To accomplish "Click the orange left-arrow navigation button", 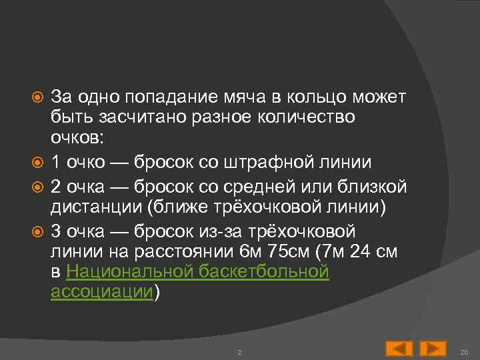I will (x=399, y=349).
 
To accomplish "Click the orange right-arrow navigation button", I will (x=433, y=349).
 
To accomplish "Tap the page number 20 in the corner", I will (x=465, y=351).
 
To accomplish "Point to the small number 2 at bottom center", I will (x=239, y=351).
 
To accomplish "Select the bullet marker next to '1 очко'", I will (x=39, y=161).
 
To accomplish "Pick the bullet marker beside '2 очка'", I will (x=39, y=185).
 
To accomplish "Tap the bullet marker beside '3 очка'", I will (x=39, y=231).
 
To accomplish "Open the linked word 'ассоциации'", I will (x=102, y=293).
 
